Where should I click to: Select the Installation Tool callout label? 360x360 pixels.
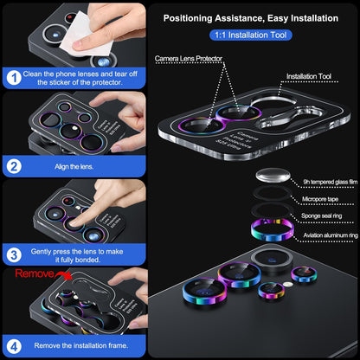(x=308, y=76)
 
